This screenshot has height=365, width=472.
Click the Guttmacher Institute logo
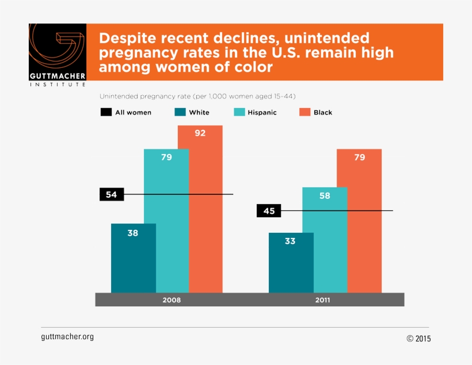tap(58, 55)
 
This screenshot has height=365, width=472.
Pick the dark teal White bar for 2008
tap(133, 259)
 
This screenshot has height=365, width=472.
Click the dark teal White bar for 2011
tap(291, 264)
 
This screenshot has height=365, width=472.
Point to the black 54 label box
tap(112, 195)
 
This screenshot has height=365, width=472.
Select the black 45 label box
tap(269, 211)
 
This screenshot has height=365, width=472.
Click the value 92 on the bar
tap(200, 133)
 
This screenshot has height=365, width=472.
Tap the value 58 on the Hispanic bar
tap(325, 196)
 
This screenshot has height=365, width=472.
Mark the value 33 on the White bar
tap(290, 241)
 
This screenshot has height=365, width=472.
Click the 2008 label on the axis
tap(172, 300)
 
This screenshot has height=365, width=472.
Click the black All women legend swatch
tap(106, 113)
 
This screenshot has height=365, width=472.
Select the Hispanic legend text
tap(262, 113)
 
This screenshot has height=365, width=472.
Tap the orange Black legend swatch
tap(304, 113)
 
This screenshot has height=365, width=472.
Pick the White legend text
tap(199, 113)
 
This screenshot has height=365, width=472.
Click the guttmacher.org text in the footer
tap(67, 337)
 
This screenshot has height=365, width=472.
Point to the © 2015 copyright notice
tap(418, 339)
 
